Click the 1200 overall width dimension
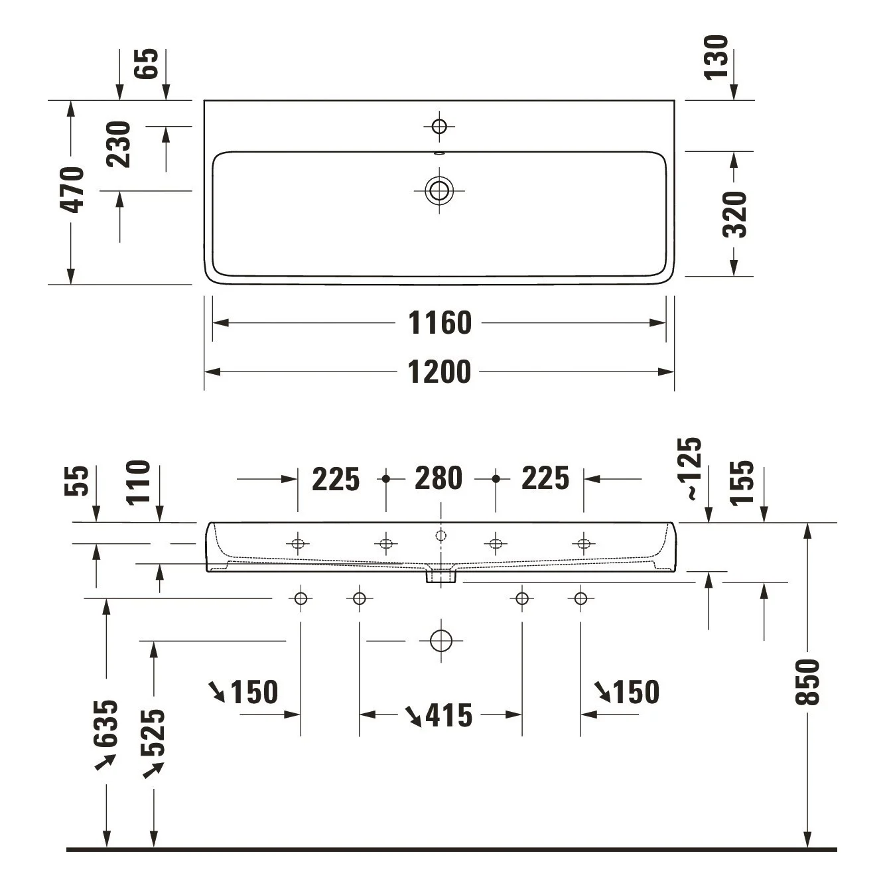pyautogui.click(x=440, y=372)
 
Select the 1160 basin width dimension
pyautogui.click(x=440, y=323)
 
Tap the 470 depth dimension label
pyautogui.click(x=72, y=190)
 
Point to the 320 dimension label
pyautogui.click(x=734, y=214)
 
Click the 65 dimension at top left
pyautogui.click(x=146, y=64)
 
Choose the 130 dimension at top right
pyautogui.click(x=716, y=58)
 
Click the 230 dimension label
pyautogui.click(x=118, y=144)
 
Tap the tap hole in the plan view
pyautogui.click(x=440, y=126)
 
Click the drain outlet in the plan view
pyautogui.click(x=439, y=190)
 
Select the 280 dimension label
pyautogui.click(x=439, y=478)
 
